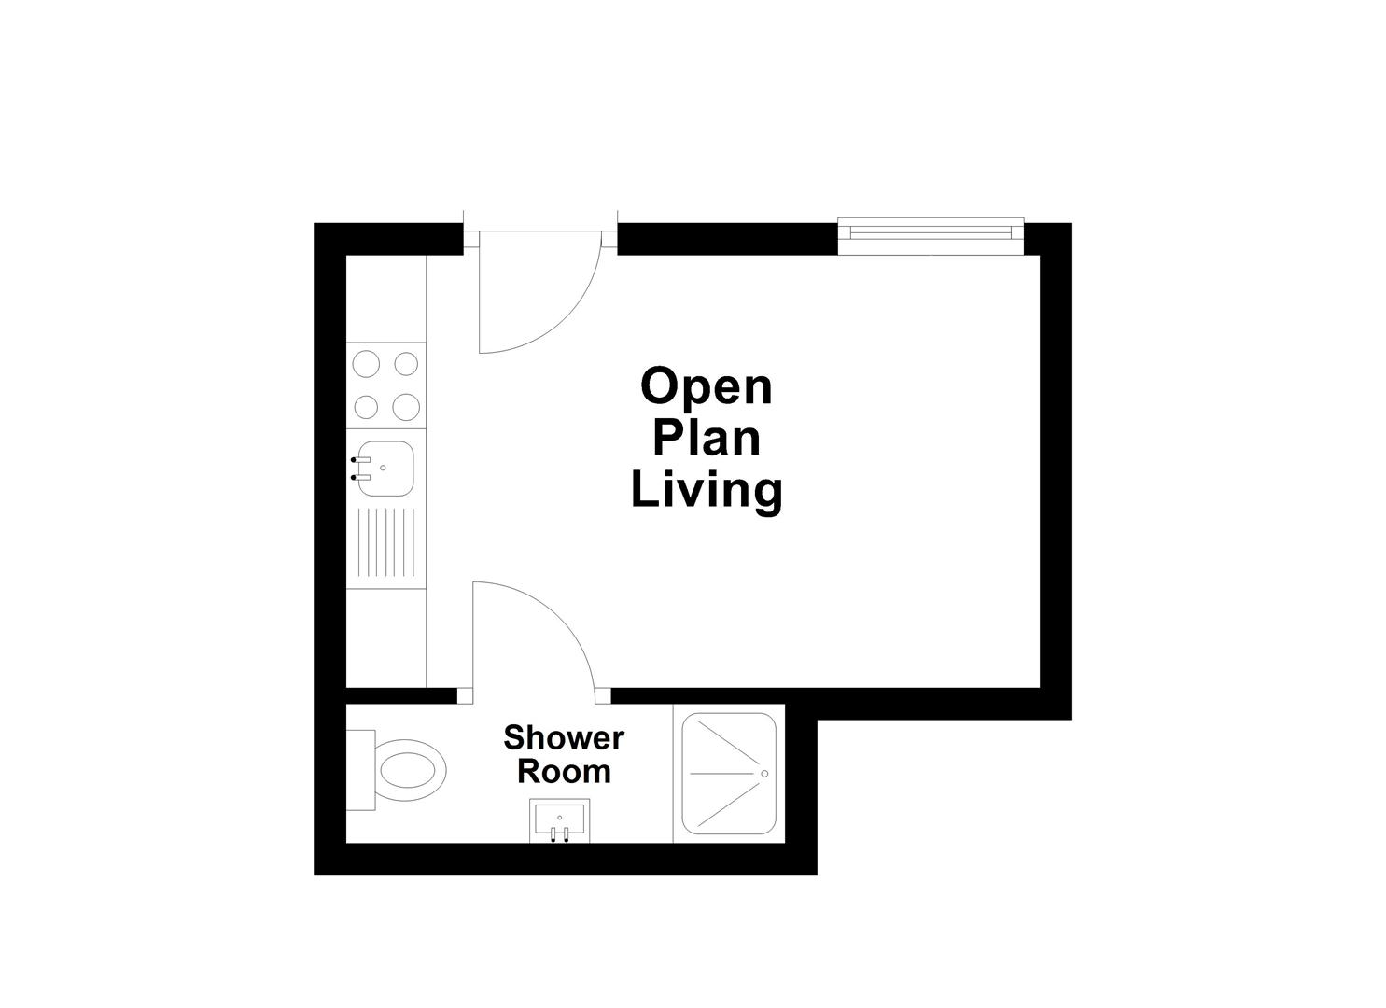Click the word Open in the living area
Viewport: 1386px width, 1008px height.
tap(707, 387)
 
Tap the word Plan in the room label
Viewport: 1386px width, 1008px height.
tap(707, 438)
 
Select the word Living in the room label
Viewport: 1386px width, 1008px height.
tap(707, 489)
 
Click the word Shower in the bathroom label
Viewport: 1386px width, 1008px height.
tap(563, 738)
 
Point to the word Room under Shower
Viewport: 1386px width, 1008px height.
tap(564, 772)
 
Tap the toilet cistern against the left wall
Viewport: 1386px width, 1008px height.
tap(360, 771)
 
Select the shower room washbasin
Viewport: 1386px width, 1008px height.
tap(559, 819)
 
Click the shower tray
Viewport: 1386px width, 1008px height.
tap(729, 774)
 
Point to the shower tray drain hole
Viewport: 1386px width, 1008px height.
tap(764, 774)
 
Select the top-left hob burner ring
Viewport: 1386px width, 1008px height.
tap(367, 363)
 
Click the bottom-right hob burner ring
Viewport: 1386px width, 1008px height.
tap(406, 407)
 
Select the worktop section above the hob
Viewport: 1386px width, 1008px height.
tap(386, 299)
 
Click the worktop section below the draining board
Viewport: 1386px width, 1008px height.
tap(386, 638)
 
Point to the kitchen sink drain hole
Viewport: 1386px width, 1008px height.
tap(383, 468)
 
